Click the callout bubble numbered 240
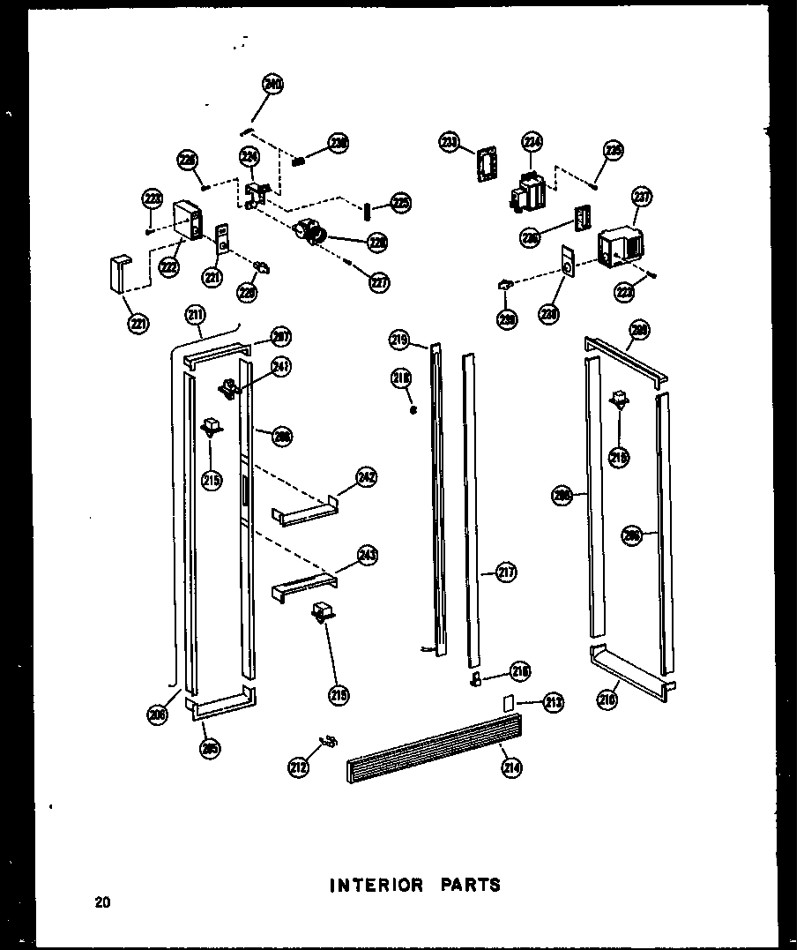click(272, 86)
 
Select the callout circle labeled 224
click(250, 157)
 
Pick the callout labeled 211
click(195, 314)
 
